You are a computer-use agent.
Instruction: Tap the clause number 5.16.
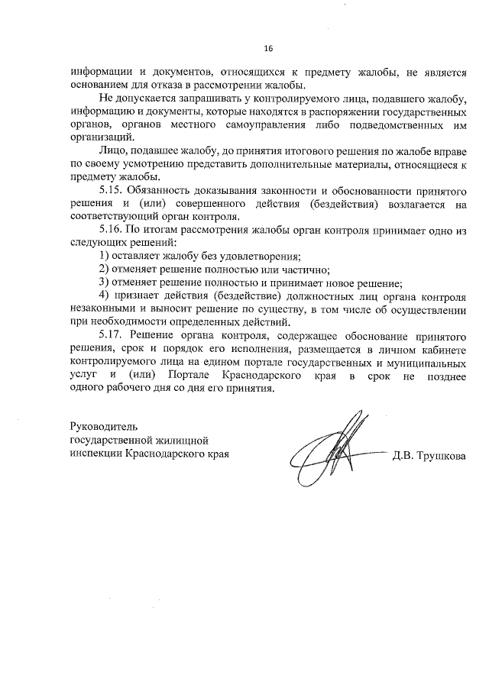[112, 228]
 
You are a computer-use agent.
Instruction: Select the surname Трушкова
[440, 457]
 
